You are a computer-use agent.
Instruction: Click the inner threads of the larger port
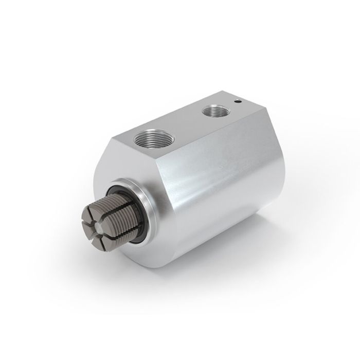tap(152, 135)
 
